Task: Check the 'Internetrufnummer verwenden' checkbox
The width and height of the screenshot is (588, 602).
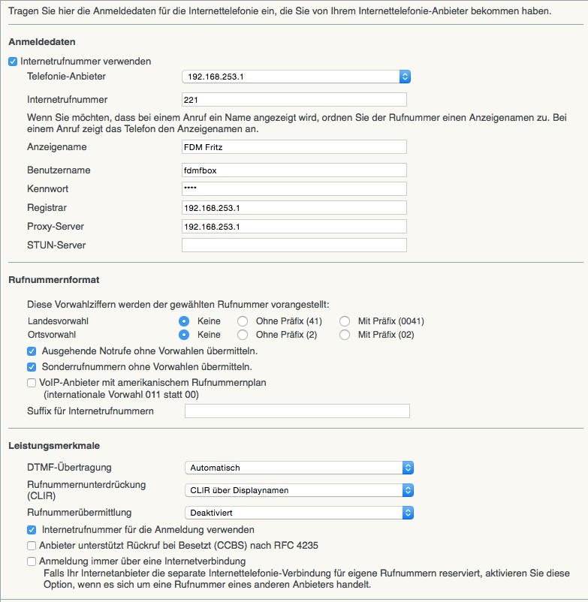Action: [x=13, y=62]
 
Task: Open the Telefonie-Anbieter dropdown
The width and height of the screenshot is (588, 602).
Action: [x=296, y=77]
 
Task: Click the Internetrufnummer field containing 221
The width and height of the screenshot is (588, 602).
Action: [x=294, y=99]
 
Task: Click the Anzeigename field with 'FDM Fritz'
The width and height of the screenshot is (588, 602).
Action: [x=294, y=146]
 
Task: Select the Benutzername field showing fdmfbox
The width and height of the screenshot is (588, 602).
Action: [x=294, y=170]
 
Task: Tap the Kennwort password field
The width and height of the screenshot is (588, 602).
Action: [x=294, y=188]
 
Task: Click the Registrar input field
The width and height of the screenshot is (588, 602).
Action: [x=294, y=207]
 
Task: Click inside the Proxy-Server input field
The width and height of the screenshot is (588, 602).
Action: [x=294, y=226]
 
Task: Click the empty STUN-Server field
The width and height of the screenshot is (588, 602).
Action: [x=294, y=245]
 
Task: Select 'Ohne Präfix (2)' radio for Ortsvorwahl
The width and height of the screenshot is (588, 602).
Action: [x=242, y=335]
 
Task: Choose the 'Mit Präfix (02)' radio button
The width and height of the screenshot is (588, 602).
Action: [x=345, y=335]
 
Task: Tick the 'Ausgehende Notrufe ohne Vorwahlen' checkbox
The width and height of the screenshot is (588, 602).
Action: [x=32, y=351]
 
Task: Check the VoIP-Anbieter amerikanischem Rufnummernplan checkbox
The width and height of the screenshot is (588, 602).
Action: [x=32, y=383]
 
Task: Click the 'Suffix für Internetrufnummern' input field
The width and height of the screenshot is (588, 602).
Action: [x=297, y=411]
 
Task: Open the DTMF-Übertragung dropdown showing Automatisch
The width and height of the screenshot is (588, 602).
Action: [x=299, y=468]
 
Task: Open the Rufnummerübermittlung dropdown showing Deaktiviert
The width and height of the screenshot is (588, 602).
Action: [x=299, y=513]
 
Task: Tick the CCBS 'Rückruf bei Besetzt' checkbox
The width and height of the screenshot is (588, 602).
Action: [x=32, y=546]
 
